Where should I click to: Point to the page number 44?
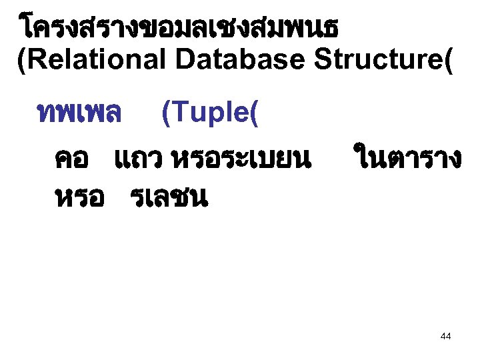click(x=446, y=337)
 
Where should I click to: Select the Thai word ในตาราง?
click(x=407, y=160)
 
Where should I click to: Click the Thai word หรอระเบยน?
click(x=241, y=160)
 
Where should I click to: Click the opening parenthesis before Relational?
click(x=21, y=61)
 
